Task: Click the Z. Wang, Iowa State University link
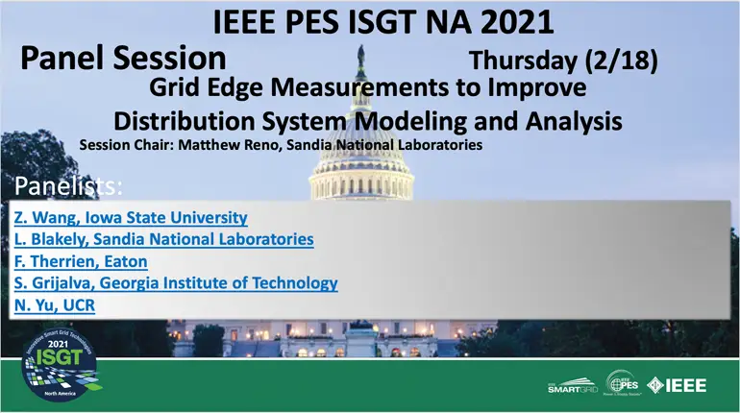coord(131,218)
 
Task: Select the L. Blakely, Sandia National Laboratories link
coord(163,239)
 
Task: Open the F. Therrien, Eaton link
coord(81,261)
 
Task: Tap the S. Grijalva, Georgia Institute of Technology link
coord(176,283)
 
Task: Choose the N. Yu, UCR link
coord(55,305)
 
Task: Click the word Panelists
coord(68,185)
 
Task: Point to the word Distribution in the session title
coord(186,121)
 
